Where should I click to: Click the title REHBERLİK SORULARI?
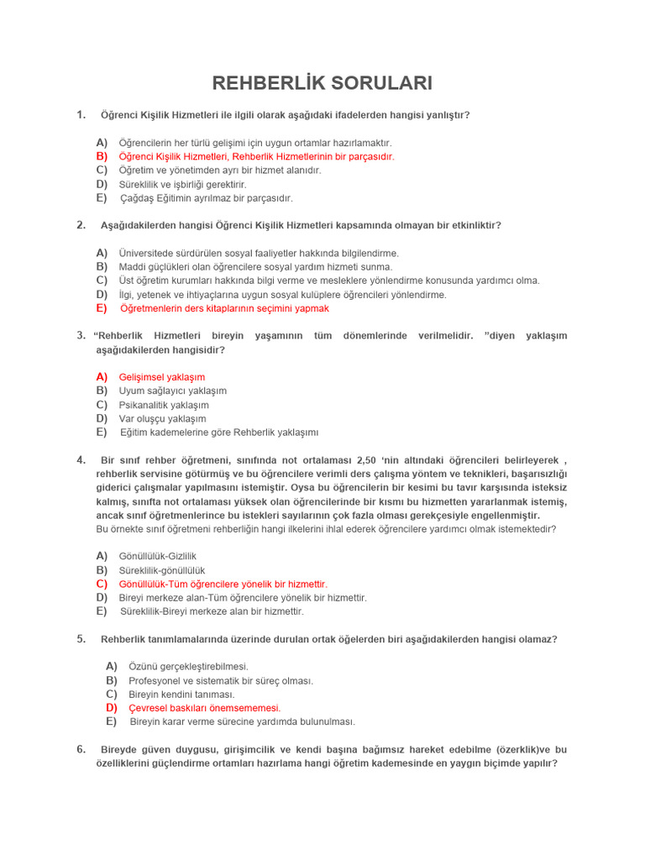tap(322, 83)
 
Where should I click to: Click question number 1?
tap(81, 114)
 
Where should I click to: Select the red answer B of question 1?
tap(256, 156)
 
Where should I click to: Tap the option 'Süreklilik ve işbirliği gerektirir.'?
tap(182, 184)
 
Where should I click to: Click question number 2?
tap(81, 225)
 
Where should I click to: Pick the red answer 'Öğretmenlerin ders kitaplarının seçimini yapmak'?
tap(224, 308)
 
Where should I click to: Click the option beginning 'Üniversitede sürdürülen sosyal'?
tap(259, 253)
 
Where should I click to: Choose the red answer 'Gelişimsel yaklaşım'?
tap(161, 377)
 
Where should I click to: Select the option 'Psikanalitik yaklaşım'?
tap(164, 405)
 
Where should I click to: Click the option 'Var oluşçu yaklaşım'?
tap(162, 418)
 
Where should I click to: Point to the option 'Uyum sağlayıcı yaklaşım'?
tap(172, 391)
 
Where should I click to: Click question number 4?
tap(81, 459)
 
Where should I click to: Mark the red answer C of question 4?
tap(223, 584)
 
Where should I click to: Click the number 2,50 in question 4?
tap(367, 460)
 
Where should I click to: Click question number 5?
tap(81, 639)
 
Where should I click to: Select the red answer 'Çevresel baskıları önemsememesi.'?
tap(204, 708)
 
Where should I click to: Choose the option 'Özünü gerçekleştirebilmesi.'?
tap(188, 666)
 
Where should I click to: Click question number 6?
tap(81, 749)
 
